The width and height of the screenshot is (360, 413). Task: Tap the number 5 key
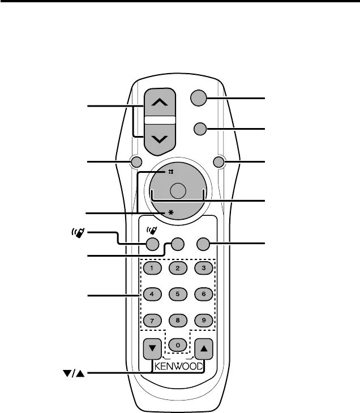tap(178, 294)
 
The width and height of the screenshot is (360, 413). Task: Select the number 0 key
tap(178, 344)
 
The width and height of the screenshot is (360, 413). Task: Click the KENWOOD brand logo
tap(178, 365)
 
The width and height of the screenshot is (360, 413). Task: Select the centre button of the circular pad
tap(178, 191)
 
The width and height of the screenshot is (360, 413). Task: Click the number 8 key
tap(178, 320)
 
